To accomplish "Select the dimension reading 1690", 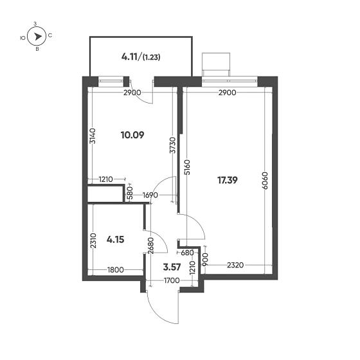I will point(150,194).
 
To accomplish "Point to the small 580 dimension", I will point(130,194).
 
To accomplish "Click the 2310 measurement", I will point(93,242).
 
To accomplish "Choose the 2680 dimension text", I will point(150,246).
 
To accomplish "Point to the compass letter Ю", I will point(23,37).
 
